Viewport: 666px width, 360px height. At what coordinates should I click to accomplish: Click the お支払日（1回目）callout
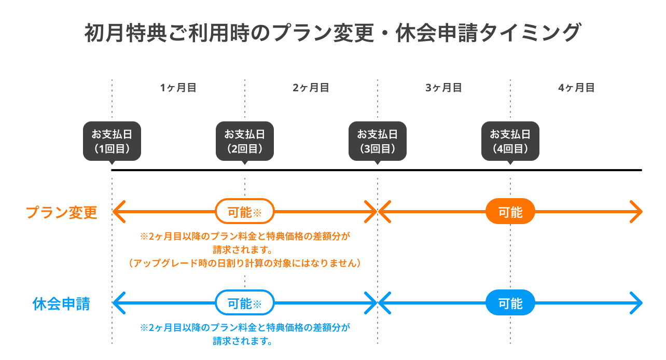(x=112, y=141)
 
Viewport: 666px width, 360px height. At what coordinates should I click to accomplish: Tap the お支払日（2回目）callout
(x=245, y=141)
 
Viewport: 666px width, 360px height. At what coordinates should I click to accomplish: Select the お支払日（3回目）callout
(x=378, y=141)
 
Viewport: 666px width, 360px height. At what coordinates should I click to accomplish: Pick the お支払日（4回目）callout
(x=510, y=141)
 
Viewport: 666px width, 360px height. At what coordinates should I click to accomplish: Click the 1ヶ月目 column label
(x=178, y=88)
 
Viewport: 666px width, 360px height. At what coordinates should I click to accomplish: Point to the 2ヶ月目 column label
(x=311, y=88)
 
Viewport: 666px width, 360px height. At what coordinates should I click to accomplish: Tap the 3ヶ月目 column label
(x=443, y=88)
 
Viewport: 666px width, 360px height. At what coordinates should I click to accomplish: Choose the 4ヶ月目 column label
(x=576, y=88)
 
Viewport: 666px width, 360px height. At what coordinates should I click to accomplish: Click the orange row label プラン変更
(x=62, y=212)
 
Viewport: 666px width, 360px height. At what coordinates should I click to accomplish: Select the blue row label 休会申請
(x=61, y=304)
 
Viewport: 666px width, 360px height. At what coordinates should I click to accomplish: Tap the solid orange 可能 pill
(x=510, y=211)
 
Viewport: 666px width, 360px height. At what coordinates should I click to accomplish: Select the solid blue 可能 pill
(x=510, y=302)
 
